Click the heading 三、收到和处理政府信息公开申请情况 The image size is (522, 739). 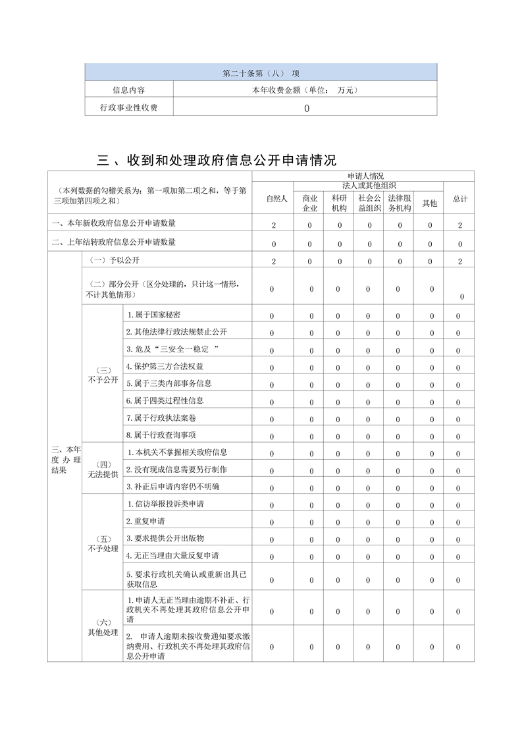[217, 160]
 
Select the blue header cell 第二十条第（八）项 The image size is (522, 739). [261, 72]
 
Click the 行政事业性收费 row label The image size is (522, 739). [128, 107]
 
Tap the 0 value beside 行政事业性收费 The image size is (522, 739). [306, 108]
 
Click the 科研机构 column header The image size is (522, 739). [339, 203]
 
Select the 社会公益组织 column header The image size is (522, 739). [369, 203]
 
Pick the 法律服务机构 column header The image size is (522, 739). [399, 203]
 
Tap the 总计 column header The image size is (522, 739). [460, 199]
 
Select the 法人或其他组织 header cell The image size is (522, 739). [369, 186]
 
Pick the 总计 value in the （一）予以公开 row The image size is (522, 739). [460, 261]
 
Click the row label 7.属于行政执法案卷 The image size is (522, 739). [160, 418]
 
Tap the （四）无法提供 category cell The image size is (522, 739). [103, 469]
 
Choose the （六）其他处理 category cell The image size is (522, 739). [103, 628]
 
